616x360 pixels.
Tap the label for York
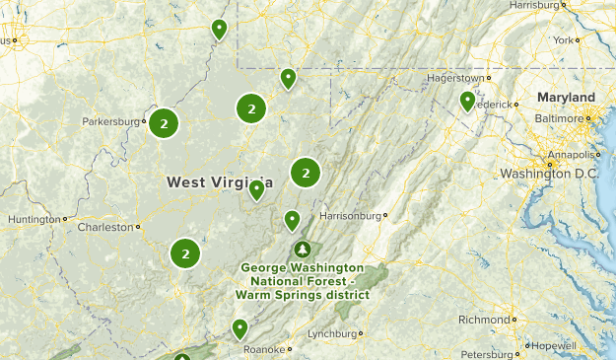coord(563,40)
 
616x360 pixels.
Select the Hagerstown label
coord(455,78)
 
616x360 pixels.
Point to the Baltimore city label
coord(559,118)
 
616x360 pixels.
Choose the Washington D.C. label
coord(549,174)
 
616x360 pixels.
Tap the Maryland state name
coord(566,98)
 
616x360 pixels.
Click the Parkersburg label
coord(111,122)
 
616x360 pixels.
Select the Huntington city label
coord(33,219)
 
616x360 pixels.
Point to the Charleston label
coord(104,227)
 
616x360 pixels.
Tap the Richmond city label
coord(483,320)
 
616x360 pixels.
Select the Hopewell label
coord(553,346)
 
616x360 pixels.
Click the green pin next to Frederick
coord(468,101)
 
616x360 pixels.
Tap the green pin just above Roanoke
coord(240,327)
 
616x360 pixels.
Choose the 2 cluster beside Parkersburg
coord(164,123)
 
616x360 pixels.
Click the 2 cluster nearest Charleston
coord(184,253)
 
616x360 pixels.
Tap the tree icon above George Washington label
coord(302,249)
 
